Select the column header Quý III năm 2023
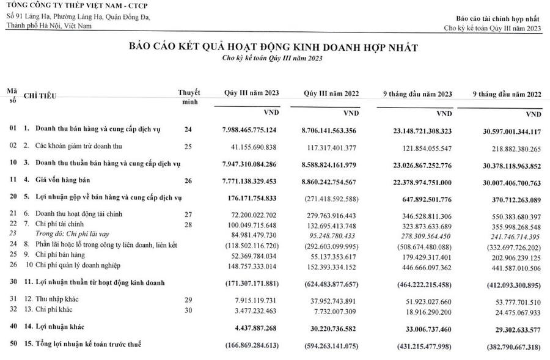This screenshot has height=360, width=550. pos(251,93)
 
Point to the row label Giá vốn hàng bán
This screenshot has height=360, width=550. pos(61,181)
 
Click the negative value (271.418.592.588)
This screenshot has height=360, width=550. pos(330,198)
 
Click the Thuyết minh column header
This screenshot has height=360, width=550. pos(188,97)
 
